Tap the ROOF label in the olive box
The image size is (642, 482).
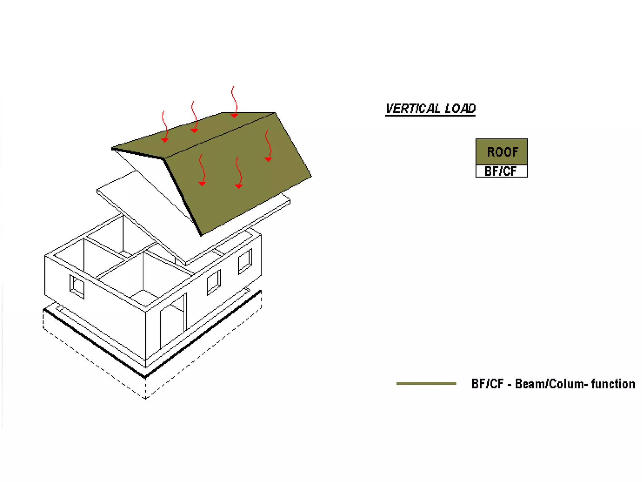502,152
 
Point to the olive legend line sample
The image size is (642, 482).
426,383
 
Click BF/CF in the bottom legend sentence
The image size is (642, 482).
487,384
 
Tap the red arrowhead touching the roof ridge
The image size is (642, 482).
234,116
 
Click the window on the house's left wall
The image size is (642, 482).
77,287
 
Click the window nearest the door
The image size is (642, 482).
213,282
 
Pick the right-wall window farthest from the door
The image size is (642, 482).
245,261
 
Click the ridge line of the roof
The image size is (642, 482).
219,136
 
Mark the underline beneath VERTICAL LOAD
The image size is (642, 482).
430,115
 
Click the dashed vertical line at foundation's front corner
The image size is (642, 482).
145,388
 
